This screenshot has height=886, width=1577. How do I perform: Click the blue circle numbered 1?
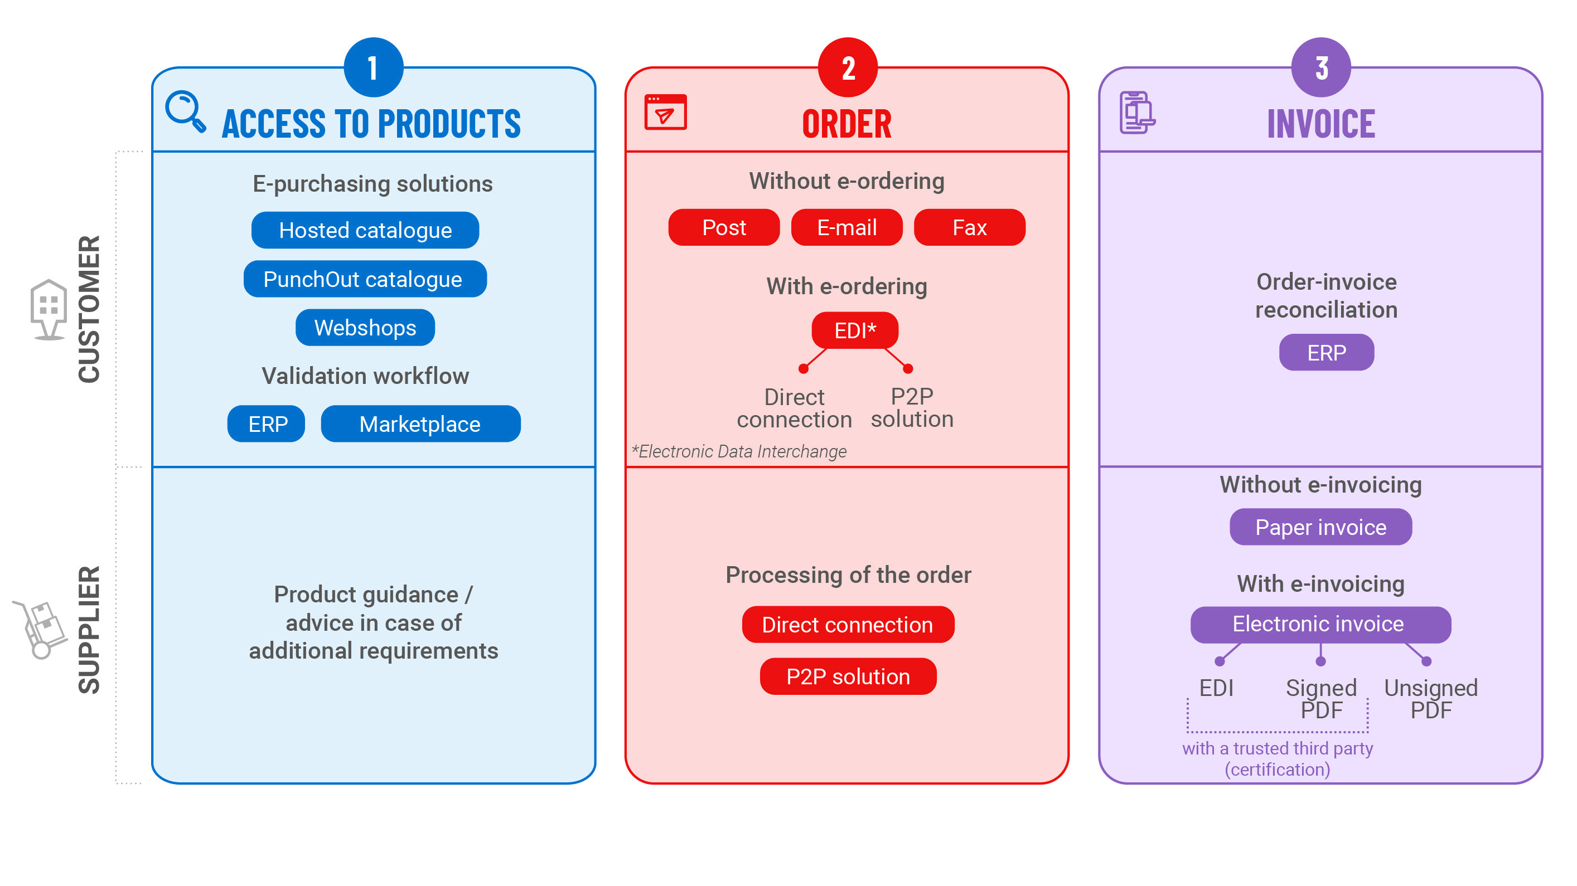[x=374, y=67]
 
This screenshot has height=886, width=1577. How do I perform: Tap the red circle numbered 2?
[x=847, y=67]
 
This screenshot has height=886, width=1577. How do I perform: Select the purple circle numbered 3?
[x=1320, y=67]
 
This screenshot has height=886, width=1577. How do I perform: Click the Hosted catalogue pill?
[x=365, y=230]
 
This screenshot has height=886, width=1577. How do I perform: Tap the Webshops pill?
[x=365, y=327]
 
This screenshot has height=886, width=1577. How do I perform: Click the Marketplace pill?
[x=420, y=423]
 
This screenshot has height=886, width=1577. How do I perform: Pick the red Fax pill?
[x=969, y=227]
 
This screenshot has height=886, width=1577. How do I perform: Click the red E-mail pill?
[x=846, y=227]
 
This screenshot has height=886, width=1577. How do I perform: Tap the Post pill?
[x=724, y=227]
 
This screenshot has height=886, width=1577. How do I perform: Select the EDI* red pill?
[x=855, y=330]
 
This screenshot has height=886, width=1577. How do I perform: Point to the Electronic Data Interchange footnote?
[x=739, y=451]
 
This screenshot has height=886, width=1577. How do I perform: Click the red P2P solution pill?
[x=848, y=676]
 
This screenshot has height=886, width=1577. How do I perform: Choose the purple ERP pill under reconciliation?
[x=1326, y=352]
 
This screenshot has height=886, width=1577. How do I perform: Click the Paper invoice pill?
[x=1320, y=527]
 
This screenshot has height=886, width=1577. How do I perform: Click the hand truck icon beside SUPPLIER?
[x=42, y=629]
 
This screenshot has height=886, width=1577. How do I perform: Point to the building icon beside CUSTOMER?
[x=49, y=309]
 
